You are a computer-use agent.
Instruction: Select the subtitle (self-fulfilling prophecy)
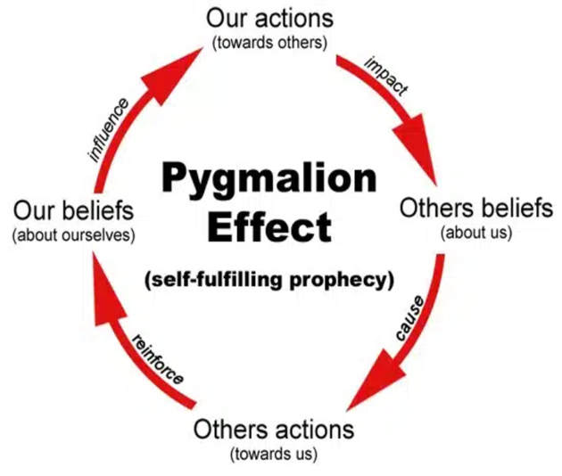pyautogui.click(x=269, y=279)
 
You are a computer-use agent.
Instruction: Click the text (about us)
pyautogui.click(x=476, y=234)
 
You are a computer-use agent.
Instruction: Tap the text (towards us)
pyautogui.click(x=273, y=454)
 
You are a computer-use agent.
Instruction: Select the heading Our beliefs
pyautogui.click(x=73, y=211)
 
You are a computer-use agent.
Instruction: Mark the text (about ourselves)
pyautogui.click(x=73, y=235)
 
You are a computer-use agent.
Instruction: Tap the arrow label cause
pyautogui.click(x=408, y=316)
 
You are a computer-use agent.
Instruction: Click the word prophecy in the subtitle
pyautogui.click(x=346, y=279)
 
